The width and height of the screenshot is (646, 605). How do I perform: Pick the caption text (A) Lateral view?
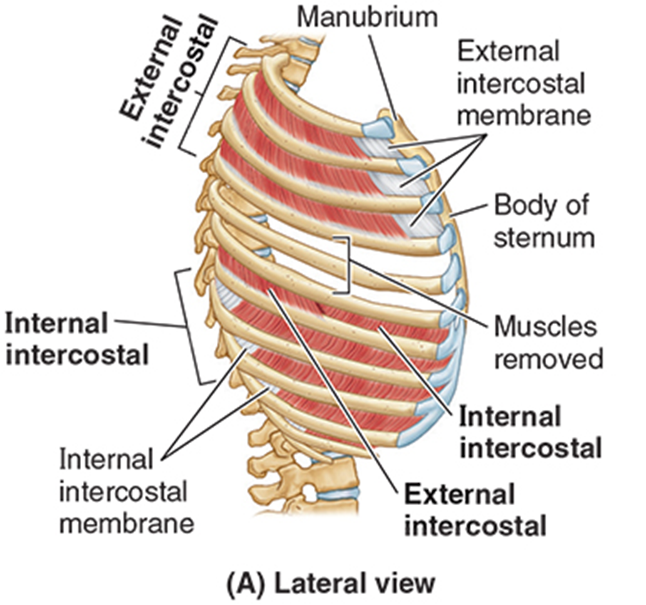pos(329,584)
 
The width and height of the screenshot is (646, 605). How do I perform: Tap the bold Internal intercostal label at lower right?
pos(530,432)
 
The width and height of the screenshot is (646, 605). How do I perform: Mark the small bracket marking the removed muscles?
pos(346,264)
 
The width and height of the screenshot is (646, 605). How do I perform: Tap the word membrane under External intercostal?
pos(538,115)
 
